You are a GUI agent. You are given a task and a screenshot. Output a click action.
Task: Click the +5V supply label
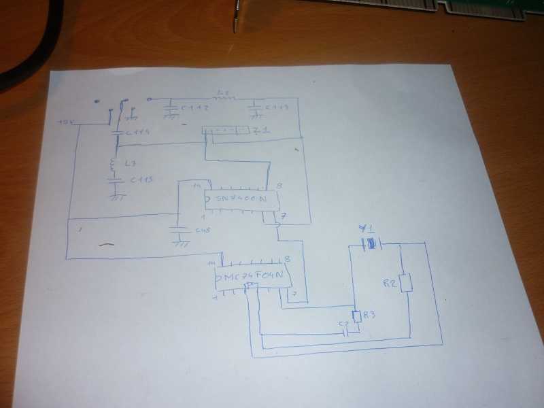click(x=65, y=122)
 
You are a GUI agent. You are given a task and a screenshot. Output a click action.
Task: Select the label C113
click(x=277, y=107)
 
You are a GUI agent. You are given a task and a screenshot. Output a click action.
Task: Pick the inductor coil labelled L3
click(x=114, y=165)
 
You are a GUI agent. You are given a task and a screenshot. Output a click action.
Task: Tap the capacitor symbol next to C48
click(x=181, y=230)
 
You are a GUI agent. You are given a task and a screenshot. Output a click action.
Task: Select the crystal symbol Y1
click(x=371, y=243)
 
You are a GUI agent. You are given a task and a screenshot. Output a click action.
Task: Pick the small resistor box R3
click(x=355, y=317)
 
